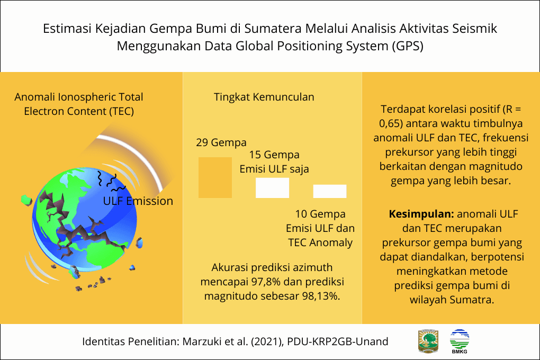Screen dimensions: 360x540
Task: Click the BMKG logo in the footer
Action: [459, 341]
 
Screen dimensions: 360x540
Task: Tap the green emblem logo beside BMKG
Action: [428, 341]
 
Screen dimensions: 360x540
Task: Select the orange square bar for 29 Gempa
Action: [215, 177]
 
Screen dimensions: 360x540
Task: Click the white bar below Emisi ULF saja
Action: [272, 188]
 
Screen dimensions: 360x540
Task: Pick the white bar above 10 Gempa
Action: [329, 191]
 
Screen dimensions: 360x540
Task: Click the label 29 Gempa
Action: [221, 142]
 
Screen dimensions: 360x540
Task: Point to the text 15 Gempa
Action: [274, 155]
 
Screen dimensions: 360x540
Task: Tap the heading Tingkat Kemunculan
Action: [264, 97]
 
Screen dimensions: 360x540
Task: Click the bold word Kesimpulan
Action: [421, 215]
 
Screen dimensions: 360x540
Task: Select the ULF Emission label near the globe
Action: [138, 201]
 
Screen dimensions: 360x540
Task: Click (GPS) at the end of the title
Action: [408, 46]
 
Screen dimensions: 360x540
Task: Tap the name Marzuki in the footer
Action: [201, 341]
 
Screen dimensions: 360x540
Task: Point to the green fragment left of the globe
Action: [25, 200]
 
